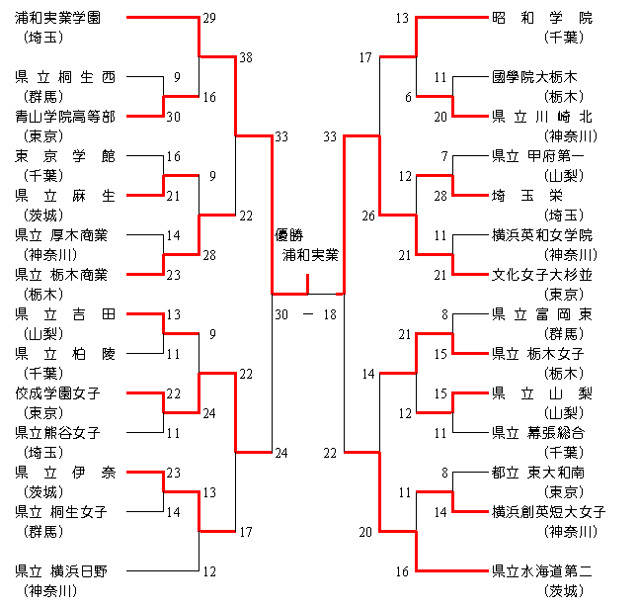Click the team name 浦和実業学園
click(x=64, y=18)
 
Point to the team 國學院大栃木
click(x=548, y=77)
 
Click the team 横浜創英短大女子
click(x=548, y=511)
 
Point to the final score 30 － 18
click(x=306, y=314)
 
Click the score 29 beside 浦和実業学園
click(x=208, y=18)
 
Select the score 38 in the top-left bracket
click(x=246, y=57)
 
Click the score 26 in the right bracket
click(x=368, y=216)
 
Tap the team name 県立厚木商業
click(x=64, y=235)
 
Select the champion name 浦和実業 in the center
click(x=310, y=255)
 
